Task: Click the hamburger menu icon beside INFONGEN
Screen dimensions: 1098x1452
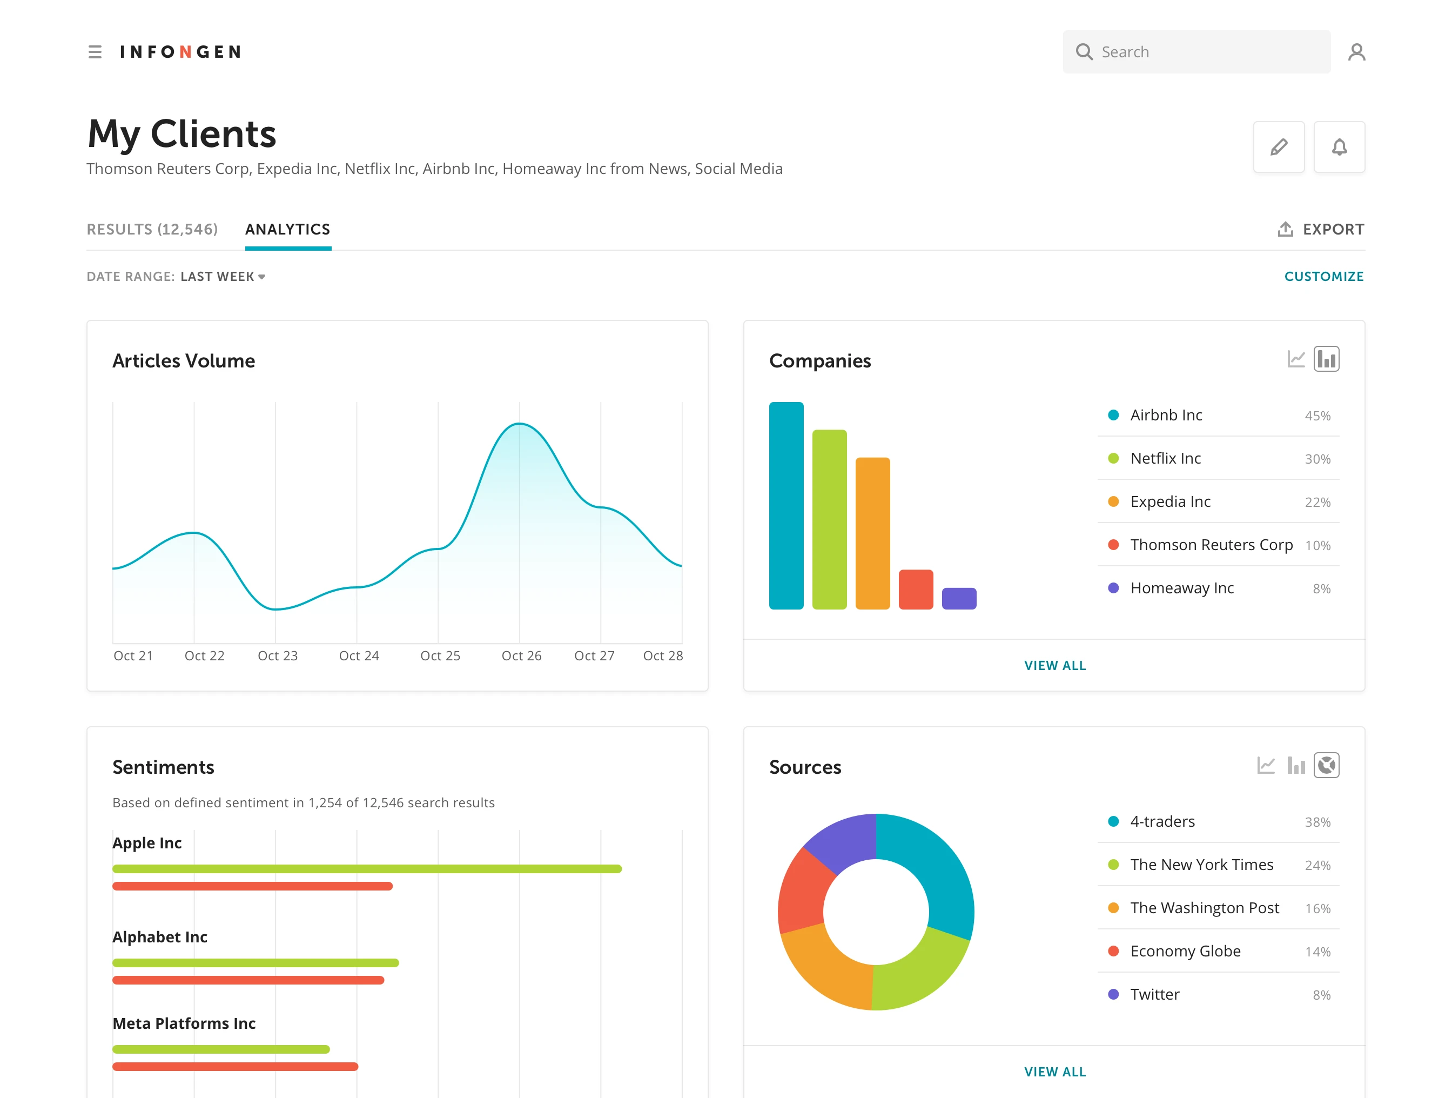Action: click(x=95, y=52)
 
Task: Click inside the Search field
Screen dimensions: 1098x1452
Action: click(x=1208, y=52)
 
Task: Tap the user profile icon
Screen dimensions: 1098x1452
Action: click(x=1356, y=52)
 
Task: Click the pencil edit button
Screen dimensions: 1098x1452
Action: click(x=1278, y=147)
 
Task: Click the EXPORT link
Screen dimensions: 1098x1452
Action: click(x=1321, y=229)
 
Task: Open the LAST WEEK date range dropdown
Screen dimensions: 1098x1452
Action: click(x=223, y=277)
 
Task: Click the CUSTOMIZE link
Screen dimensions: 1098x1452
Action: click(x=1323, y=277)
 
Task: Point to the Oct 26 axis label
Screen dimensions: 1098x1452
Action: click(x=521, y=655)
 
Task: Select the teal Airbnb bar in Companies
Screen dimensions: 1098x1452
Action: click(x=786, y=506)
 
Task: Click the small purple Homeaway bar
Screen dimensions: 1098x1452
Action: click(x=958, y=598)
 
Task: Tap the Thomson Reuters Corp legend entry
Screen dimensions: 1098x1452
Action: click(x=1211, y=545)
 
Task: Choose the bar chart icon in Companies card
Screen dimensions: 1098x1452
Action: click(x=1326, y=359)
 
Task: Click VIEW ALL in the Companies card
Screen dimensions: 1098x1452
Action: click(x=1054, y=665)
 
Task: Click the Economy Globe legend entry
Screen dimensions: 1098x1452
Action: click(x=1185, y=951)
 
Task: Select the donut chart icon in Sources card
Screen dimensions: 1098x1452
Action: click(x=1326, y=765)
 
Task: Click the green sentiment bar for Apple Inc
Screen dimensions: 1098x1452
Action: click(x=366, y=869)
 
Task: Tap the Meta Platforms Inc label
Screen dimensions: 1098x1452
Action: click(x=184, y=1023)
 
